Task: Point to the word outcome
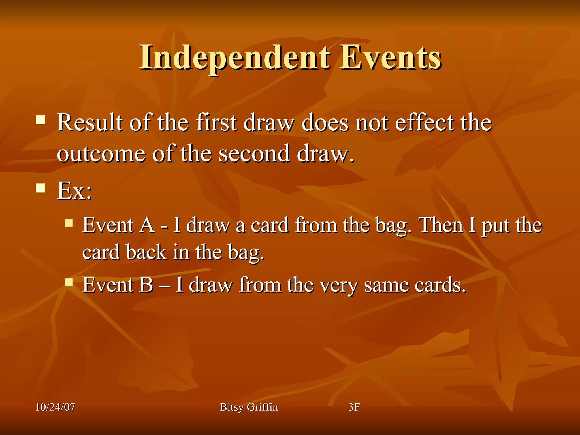coord(101,154)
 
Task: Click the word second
coord(255,154)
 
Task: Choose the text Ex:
coord(74,191)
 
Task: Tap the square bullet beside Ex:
coord(40,188)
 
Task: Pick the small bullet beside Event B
coord(69,282)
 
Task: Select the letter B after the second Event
coord(146,285)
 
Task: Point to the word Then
coord(441,225)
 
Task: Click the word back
coord(146,252)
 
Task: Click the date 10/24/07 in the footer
coord(55,407)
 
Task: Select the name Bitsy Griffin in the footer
coord(249,407)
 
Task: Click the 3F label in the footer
coord(354,407)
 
